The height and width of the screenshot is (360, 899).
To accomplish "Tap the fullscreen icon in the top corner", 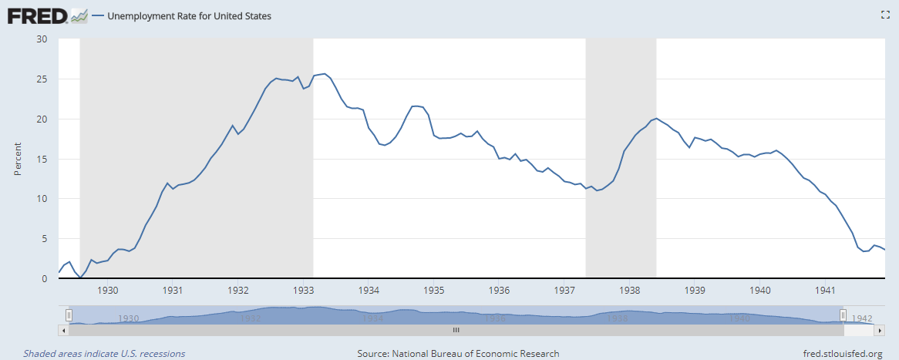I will [885, 15].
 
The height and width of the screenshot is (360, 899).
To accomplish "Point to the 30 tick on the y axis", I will [42, 39].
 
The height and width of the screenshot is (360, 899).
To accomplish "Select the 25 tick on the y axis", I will [42, 79].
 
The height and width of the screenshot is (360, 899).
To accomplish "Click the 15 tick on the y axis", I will [42, 159].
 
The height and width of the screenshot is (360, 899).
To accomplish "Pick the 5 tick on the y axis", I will [44, 239].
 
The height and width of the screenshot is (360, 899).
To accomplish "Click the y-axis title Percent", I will [18, 159].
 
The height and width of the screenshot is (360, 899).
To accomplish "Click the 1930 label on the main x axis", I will [108, 291].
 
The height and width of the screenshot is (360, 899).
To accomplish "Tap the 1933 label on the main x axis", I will [304, 291].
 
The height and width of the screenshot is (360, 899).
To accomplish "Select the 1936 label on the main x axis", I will [500, 291].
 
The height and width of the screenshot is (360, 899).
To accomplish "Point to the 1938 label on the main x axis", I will [630, 291].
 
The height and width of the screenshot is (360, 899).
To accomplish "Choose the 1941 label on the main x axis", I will [826, 291].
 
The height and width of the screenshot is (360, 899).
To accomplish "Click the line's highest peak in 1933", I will [325, 74].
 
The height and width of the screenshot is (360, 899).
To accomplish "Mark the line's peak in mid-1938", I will [655, 119].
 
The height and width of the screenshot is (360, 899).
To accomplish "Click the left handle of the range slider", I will [69, 315].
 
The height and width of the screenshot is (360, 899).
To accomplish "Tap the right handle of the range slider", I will [843, 315].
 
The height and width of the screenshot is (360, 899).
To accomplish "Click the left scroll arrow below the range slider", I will [63, 329].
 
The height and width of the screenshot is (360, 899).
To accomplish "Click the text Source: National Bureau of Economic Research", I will [458, 354].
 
